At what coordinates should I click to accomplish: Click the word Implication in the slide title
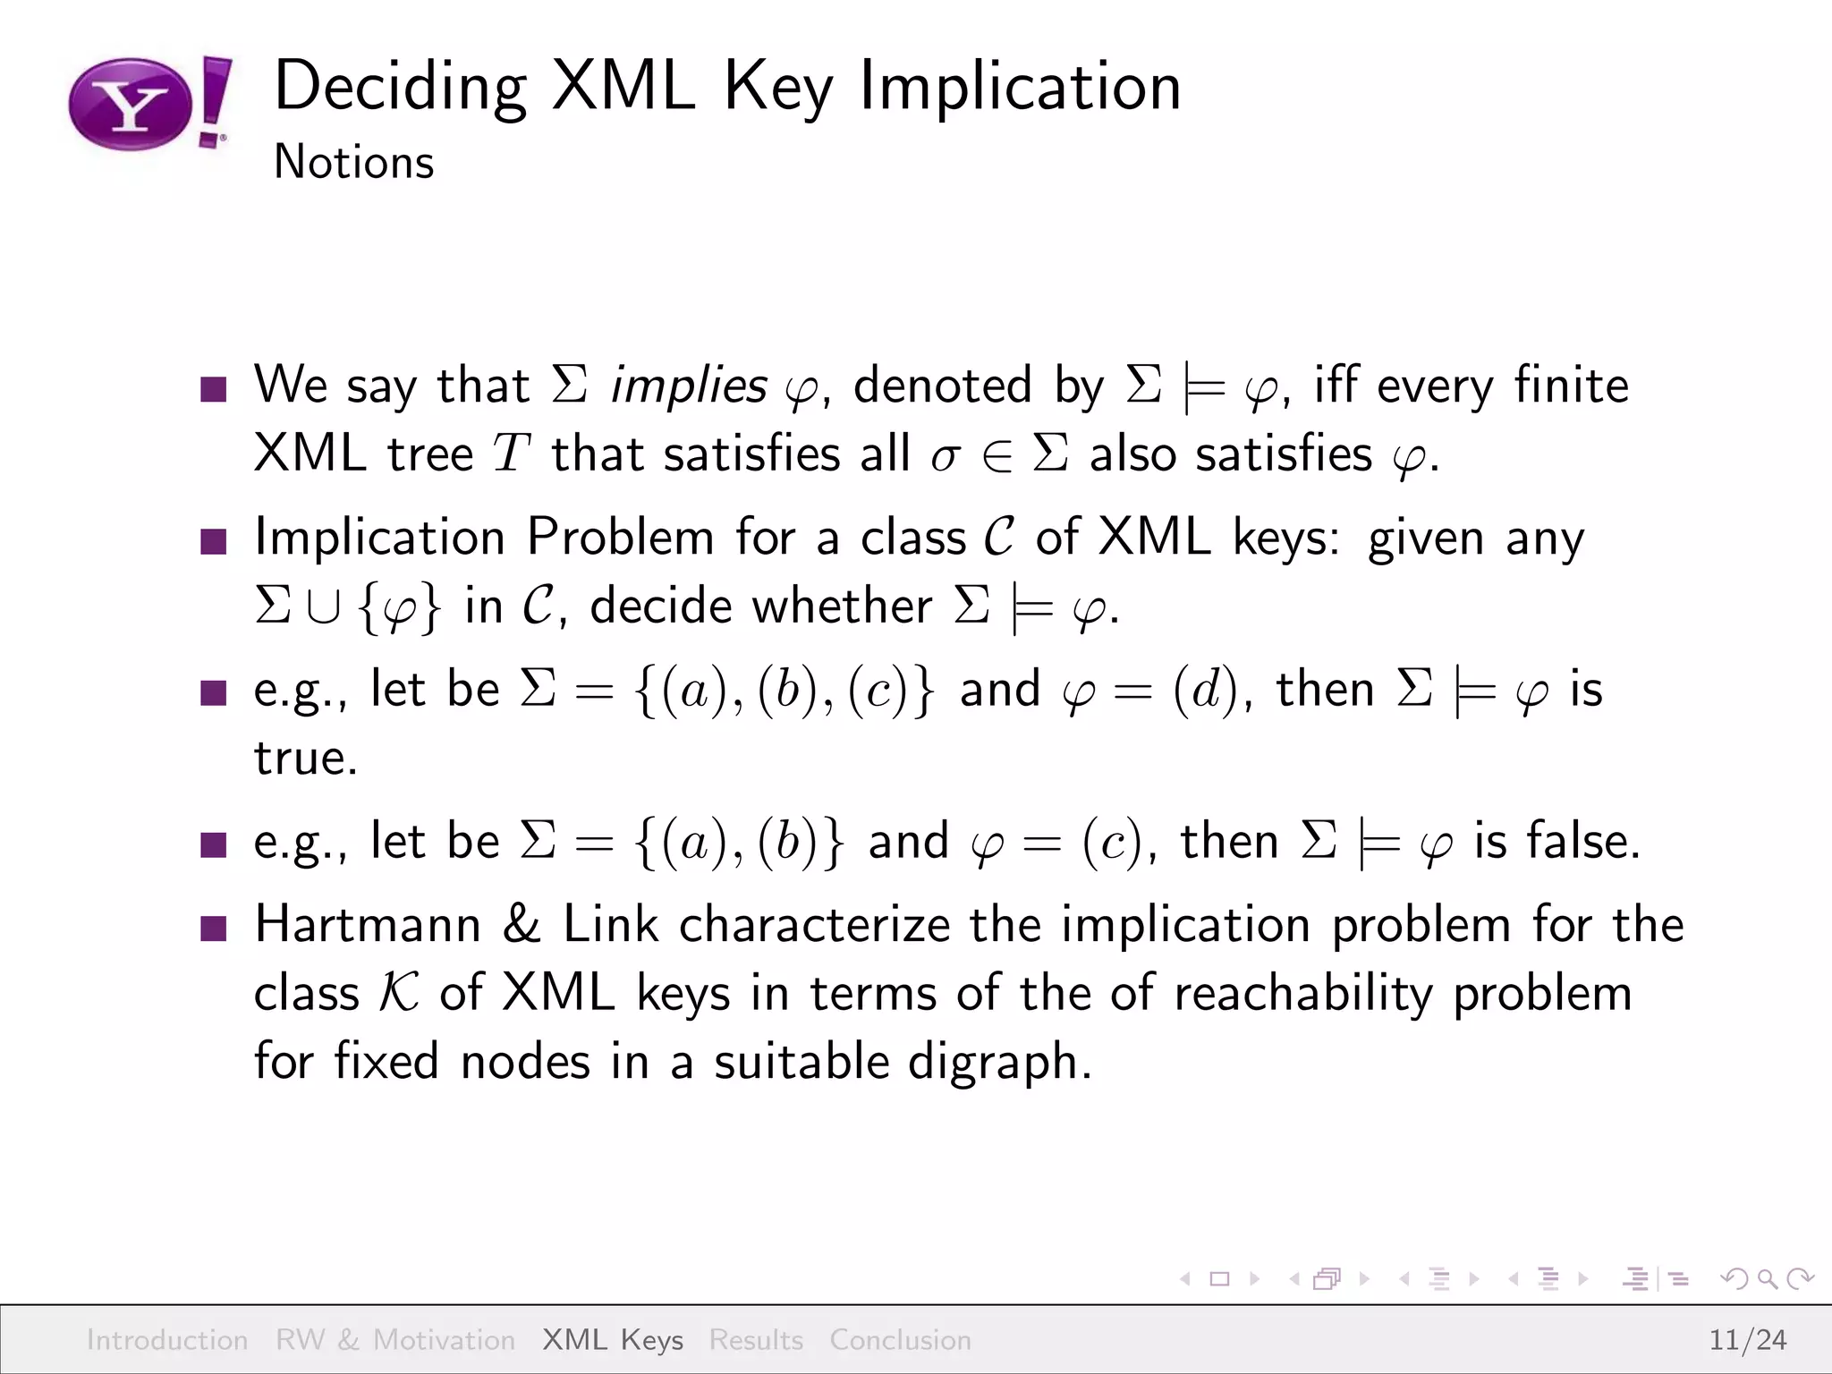[x=1020, y=87]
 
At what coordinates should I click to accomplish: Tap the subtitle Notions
[x=353, y=163]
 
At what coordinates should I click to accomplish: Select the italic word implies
[x=688, y=386]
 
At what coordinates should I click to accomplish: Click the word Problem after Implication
[x=620, y=538]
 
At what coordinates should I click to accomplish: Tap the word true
[x=305, y=759]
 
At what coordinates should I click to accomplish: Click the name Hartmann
[x=368, y=924]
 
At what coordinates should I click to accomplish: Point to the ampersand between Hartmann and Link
[x=522, y=924]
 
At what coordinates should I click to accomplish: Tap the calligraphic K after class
[x=399, y=993]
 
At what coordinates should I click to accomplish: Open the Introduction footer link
[x=167, y=1339]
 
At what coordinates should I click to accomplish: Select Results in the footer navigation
[x=756, y=1339]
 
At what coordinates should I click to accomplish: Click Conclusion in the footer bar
[x=900, y=1339]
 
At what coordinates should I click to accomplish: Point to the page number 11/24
[x=1747, y=1339]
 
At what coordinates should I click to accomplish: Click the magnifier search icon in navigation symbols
[x=1767, y=1279]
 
